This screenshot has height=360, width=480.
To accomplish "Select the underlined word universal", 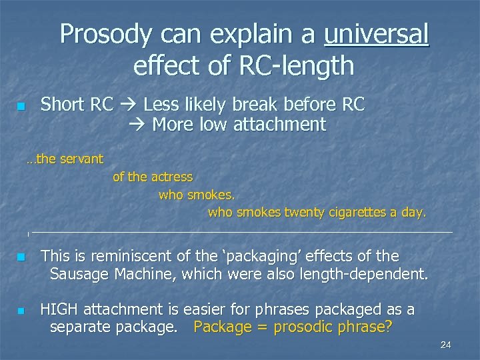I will click(377, 35).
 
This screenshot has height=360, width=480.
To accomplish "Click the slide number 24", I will click(446, 344).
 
